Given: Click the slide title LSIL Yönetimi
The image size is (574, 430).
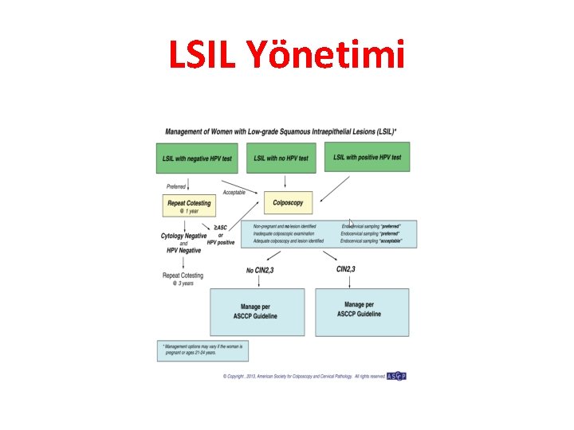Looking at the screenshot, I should coord(286,55).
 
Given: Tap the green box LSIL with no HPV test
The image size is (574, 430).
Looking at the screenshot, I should coord(281,158).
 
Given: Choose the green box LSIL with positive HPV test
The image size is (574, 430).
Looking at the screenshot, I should coord(374,158).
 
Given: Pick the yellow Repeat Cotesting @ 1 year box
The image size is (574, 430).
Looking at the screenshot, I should coord(189,206).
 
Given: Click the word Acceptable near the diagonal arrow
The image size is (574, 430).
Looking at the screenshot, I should coord(234,193).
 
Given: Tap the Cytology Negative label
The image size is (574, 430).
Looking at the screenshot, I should coord(184,236).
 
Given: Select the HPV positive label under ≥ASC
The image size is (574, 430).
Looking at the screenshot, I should coord(221,242).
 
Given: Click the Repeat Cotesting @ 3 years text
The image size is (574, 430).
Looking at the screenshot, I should coord(183,279).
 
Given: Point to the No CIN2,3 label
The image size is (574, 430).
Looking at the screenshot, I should coord(259,271).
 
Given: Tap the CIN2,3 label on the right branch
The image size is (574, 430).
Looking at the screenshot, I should coord(346,270).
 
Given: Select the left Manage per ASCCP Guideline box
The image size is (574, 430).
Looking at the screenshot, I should coord(257,311).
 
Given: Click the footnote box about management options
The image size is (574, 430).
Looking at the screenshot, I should coord(203,351).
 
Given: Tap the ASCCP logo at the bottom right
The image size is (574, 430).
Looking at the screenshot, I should coord(396,376).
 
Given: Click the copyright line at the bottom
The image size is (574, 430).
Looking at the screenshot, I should coord(303,376).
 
